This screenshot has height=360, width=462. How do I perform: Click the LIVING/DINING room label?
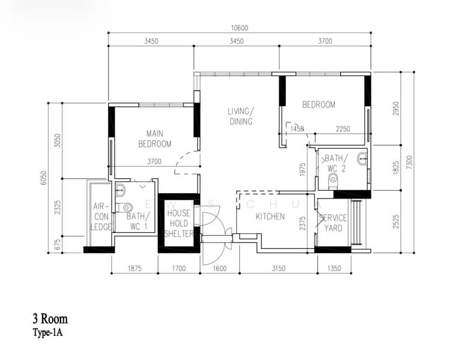tap(240, 116)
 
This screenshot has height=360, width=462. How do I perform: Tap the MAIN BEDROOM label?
tap(154, 139)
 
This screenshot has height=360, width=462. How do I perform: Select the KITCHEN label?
tap(270, 217)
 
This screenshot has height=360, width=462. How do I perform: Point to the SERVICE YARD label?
tap(332, 223)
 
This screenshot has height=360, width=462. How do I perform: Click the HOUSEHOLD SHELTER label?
tap(178, 223)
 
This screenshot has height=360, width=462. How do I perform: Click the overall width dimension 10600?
tap(239, 28)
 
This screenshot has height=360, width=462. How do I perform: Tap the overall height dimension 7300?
tap(409, 162)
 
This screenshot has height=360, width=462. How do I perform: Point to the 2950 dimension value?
tap(395, 108)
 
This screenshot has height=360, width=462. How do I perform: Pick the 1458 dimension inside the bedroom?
tap(297, 129)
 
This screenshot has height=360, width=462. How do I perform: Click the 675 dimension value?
tap(57, 244)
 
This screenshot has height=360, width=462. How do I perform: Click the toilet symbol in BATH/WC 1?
tap(125, 208)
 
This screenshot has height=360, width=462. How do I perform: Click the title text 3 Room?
tap(50, 319)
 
